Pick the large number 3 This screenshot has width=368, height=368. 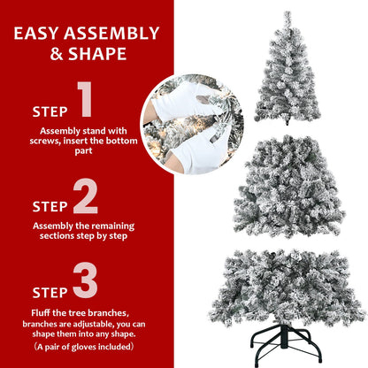pyautogui.click(x=86, y=280)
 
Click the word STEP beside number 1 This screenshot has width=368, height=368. pyautogui.click(x=50, y=112)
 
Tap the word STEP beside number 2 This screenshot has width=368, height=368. pyautogui.click(x=50, y=206)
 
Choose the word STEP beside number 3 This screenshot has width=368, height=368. pyautogui.click(x=50, y=291)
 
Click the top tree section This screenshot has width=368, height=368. pyautogui.click(x=286, y=71)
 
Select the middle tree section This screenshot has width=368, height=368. pyautogui.click(x=287, y=186)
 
